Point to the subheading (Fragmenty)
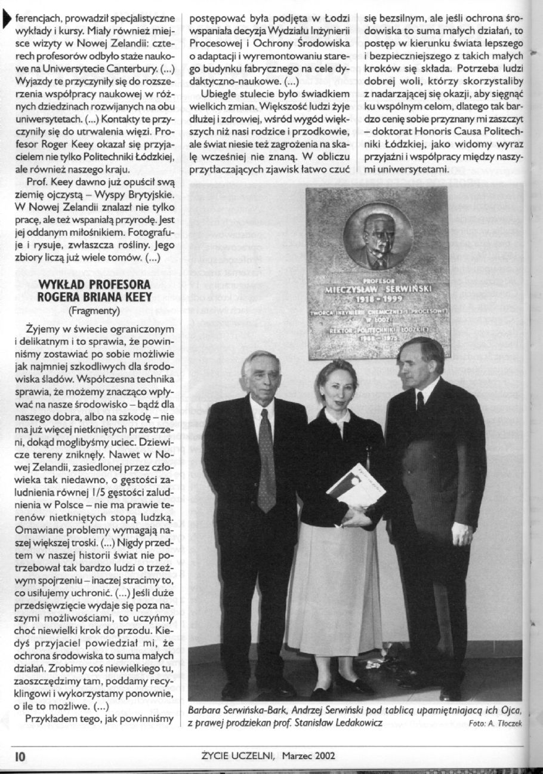click(x=94, y=309)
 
